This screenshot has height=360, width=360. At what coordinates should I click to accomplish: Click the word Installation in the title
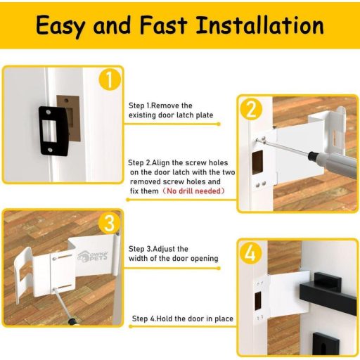point(260,25)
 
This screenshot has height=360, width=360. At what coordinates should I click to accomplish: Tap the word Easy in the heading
point(60,26)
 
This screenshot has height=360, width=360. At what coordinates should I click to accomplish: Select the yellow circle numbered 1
point(110,79)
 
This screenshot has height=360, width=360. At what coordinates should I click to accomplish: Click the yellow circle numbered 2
point(251,109)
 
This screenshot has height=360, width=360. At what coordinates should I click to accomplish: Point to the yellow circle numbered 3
point(109,223)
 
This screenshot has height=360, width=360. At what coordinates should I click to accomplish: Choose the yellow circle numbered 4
point(251,252)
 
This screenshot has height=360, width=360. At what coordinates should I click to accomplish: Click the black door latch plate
point(53,131)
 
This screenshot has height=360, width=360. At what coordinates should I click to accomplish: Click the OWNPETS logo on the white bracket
point(92,256)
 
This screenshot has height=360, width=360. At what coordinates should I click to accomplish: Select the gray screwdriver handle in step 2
point(335,163)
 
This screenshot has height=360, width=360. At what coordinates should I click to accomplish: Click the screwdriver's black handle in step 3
point(72,321)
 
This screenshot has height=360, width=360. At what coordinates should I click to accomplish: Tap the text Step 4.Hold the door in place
point(183,319)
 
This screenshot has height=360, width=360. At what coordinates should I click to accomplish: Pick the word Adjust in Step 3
point(163,249)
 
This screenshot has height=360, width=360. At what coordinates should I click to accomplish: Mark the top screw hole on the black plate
point(49,112)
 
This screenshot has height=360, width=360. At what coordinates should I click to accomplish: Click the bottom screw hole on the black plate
point(50,150)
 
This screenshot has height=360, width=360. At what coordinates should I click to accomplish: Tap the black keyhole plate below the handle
point(326,343)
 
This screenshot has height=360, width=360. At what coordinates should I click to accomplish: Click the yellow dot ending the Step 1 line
point(219,124)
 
